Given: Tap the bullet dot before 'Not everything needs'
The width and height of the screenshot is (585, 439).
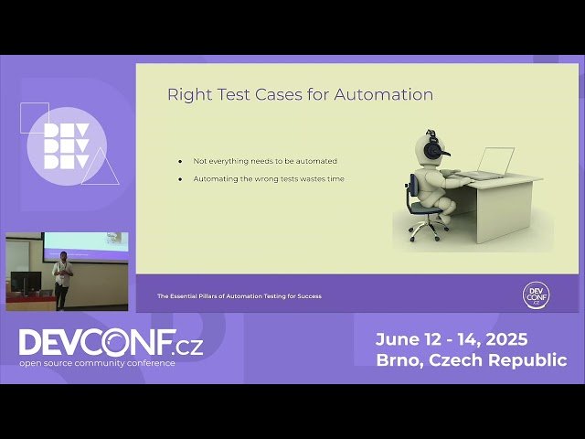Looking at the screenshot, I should point(180,161).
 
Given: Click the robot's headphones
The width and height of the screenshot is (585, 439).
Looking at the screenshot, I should point(436,144).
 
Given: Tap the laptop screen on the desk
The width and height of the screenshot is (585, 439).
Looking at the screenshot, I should point(496,161).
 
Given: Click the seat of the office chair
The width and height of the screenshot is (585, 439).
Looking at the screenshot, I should point(426,207).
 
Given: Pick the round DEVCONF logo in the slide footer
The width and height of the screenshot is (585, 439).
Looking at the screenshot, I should point(536,294).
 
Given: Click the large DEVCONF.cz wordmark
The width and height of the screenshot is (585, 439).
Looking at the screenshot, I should point(111,343).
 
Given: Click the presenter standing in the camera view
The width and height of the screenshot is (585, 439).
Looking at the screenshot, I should point(62,280).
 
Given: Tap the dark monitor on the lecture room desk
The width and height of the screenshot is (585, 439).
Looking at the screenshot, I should point(27,283).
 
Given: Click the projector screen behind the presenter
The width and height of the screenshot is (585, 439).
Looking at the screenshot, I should point(86,242).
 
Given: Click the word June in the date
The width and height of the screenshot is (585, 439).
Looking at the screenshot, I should point(398,339).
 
